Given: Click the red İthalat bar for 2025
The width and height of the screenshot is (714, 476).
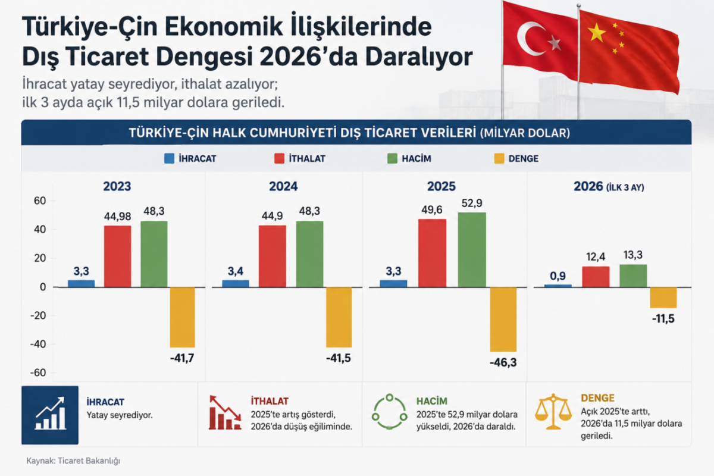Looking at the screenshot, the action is [432, 253].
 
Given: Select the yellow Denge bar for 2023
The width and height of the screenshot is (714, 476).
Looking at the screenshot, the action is [182, 317].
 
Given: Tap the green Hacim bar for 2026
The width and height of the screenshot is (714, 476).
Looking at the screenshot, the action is [633, 275].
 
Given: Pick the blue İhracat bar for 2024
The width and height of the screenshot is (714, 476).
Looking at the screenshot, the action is [236, 283].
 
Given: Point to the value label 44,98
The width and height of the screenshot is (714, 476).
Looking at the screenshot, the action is [117, 217].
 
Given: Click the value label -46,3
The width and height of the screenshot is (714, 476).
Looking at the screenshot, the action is [503, 362].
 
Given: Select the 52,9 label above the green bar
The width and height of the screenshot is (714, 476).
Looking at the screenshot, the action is [472, 203].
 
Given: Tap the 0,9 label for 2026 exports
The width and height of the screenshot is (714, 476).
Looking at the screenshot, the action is [558, 275].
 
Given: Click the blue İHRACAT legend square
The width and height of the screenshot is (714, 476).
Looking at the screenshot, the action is [169, 158].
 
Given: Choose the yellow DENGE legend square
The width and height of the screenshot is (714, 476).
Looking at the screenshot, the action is [499, 158].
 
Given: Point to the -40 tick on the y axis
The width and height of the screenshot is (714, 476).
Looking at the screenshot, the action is [38, 344].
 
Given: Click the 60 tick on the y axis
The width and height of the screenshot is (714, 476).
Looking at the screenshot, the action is [40, 201].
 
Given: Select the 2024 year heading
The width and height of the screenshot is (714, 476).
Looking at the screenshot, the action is [283, 186].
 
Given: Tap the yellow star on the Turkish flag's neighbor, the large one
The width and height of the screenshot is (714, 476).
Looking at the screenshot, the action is [596, 33].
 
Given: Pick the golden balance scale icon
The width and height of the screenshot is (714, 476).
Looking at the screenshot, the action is [553, 412].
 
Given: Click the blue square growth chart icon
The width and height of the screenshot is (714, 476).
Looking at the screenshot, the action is [50, 415].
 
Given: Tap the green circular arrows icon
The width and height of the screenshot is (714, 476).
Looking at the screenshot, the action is [389, 412].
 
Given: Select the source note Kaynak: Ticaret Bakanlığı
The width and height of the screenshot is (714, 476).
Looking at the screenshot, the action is [73, 461].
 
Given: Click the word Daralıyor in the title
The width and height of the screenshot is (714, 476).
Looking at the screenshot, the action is [419, 57].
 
